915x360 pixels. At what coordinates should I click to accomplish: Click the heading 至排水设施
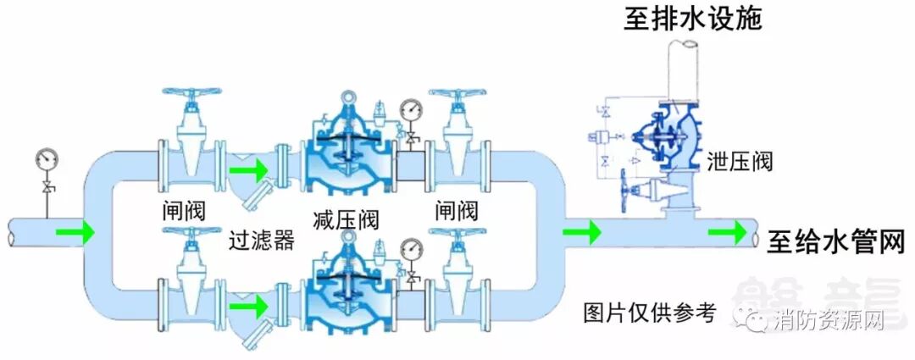(693, 18)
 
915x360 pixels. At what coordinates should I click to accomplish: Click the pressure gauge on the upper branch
(412, 109)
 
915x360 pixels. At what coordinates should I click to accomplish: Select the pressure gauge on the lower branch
(412, 249)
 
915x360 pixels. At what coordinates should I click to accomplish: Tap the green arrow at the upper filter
(245, 173)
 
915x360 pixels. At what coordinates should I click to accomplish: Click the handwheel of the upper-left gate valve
(191, 94)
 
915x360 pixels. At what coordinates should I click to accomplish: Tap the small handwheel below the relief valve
(627, 181)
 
